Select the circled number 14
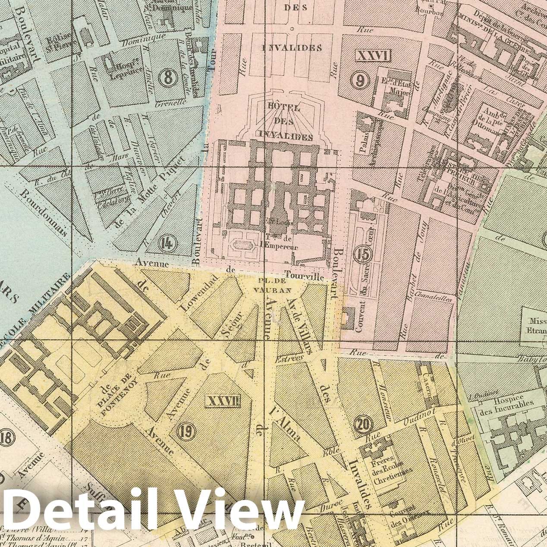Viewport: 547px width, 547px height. click(167, 244)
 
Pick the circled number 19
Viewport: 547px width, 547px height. click(188, 429)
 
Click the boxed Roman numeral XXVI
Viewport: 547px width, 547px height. click(372, 55)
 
